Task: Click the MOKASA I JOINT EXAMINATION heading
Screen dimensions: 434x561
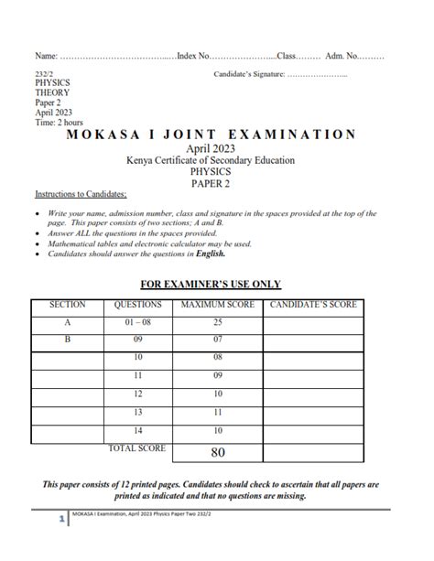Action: (x=212, y=135)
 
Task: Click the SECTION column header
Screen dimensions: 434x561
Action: (x=68, y=305)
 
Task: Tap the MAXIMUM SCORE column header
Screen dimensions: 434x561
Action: (x=218, y=305)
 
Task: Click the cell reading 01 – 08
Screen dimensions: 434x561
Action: (x=137, y=322)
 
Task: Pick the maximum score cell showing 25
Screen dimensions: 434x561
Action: (x=218, y=322)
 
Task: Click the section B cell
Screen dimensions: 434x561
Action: (x=67, y=340)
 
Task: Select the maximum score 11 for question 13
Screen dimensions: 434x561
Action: (x=218, y=412)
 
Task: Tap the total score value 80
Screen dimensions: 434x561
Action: (x=218, y=451)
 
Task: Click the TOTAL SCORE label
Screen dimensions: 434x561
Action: (x=137, y=448)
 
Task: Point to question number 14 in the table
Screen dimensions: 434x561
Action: (x=137, y=430)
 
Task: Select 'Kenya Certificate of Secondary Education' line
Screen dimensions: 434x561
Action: (x=211, y=161)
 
